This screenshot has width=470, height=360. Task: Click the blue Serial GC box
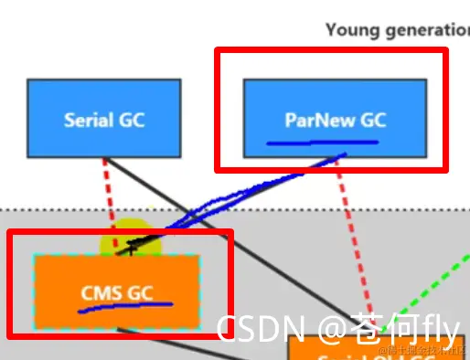pos(103,119)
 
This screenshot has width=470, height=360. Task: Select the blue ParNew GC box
pos(335,118)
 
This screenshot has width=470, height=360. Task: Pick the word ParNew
pos(316,120)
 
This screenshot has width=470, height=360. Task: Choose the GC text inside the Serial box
pos(130,120)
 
